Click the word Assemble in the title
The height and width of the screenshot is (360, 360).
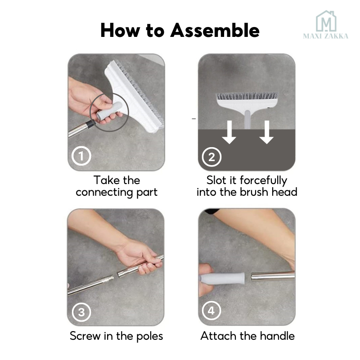pyautogui.click(x=215, y=30)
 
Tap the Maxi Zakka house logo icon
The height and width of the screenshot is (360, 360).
pyautogui.click(x=326, y=21)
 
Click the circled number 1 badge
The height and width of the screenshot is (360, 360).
pyautogui.click(x=81, y=156)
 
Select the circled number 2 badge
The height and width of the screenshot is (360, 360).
pyautogui.click(x=211, y=157)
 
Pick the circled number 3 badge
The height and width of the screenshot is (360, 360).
pyautogui.click(x=81, y=312)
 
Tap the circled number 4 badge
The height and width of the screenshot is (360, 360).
pyautogui.click(x=211, y=310)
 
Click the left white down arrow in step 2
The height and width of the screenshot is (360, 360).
pyautogui.click(x=229, y=132)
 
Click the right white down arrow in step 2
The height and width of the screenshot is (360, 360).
pyautogui.click(x=266, y=132)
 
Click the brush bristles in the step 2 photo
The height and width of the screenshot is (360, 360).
pyautogui.click(x=247, y=96)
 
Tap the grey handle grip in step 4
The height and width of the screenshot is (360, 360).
pyautogui.click(x=222, y=278)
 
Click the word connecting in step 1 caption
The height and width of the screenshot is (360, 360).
pyautogui.click(x=104, y=193)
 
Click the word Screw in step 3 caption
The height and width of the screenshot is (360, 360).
pyautogui.click(x=85, y=336)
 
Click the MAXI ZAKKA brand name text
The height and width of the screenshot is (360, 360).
pyautogui.click(x=325, y=36)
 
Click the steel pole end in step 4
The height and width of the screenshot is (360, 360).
pyautogui.click(x=273, y=276)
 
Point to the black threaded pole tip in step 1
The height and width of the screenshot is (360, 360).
pyautogui.click(x=91, y=124)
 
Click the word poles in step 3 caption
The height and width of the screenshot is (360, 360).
pyautogui.click(x=150, y=336)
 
